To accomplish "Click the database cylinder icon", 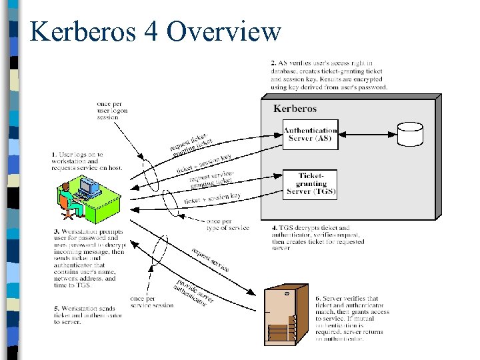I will pos(410,134).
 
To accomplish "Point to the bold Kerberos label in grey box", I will pos(295,109).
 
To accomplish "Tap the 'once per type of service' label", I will pos(227,225).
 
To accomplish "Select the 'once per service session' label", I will pos(152,302).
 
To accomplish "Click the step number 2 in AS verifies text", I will pos(273,62).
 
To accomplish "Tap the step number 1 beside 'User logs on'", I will pos(54,155).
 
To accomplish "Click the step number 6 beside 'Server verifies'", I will pos(317,299).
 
